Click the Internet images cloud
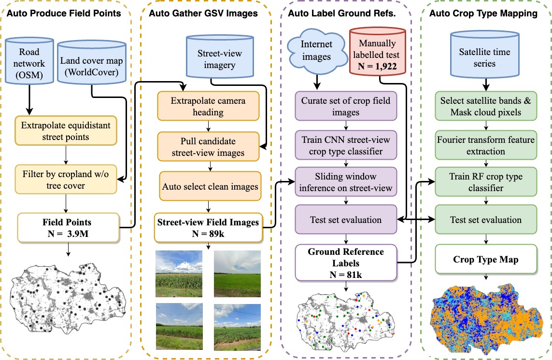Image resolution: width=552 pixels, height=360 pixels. [x=317, y=51]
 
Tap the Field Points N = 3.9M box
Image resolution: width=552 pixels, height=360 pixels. [x=69, y=227]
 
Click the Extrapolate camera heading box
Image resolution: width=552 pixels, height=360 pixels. [x=208, y=107]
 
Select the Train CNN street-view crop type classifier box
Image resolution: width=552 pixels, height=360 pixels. [x=346, y=146]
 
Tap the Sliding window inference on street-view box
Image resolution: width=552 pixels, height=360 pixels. [x=346, y=182]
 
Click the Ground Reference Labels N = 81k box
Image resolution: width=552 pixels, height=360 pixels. [x=346, y=262]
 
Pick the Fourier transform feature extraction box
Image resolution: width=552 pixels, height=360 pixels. [x=485, y=146]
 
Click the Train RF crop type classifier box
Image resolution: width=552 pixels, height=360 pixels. [x=485, y=182]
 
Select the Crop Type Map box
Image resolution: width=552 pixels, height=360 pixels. [x=485, y=260]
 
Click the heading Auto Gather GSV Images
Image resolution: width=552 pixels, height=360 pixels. [x=209, y=14]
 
